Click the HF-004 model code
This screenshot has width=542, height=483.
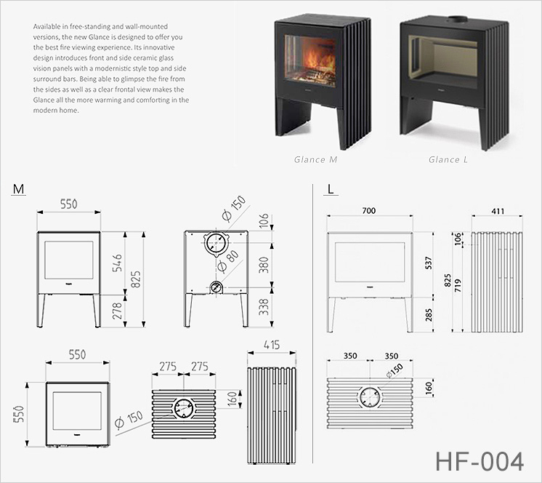click(480, 462)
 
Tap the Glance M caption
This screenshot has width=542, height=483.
click(315, 159)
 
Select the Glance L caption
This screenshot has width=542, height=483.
click(448, 159)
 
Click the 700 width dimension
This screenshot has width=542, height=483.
click(369, 210)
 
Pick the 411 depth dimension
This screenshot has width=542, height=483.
click(498, 211)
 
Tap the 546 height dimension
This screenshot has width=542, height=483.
click(118, 263)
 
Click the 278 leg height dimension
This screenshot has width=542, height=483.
click(118, 311)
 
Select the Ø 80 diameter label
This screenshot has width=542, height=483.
click(228, 261)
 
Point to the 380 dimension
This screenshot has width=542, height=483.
click(264, 265)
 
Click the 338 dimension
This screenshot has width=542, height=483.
click(264, 307)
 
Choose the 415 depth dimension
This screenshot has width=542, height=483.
click(272, 345)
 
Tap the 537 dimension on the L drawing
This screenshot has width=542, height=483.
click(429, 263)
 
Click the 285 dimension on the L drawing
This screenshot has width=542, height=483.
click(429, 315)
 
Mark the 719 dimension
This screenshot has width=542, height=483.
click(458, 285)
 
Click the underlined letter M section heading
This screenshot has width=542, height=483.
click(18, 189)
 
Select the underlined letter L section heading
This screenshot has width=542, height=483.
click(331, 189)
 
